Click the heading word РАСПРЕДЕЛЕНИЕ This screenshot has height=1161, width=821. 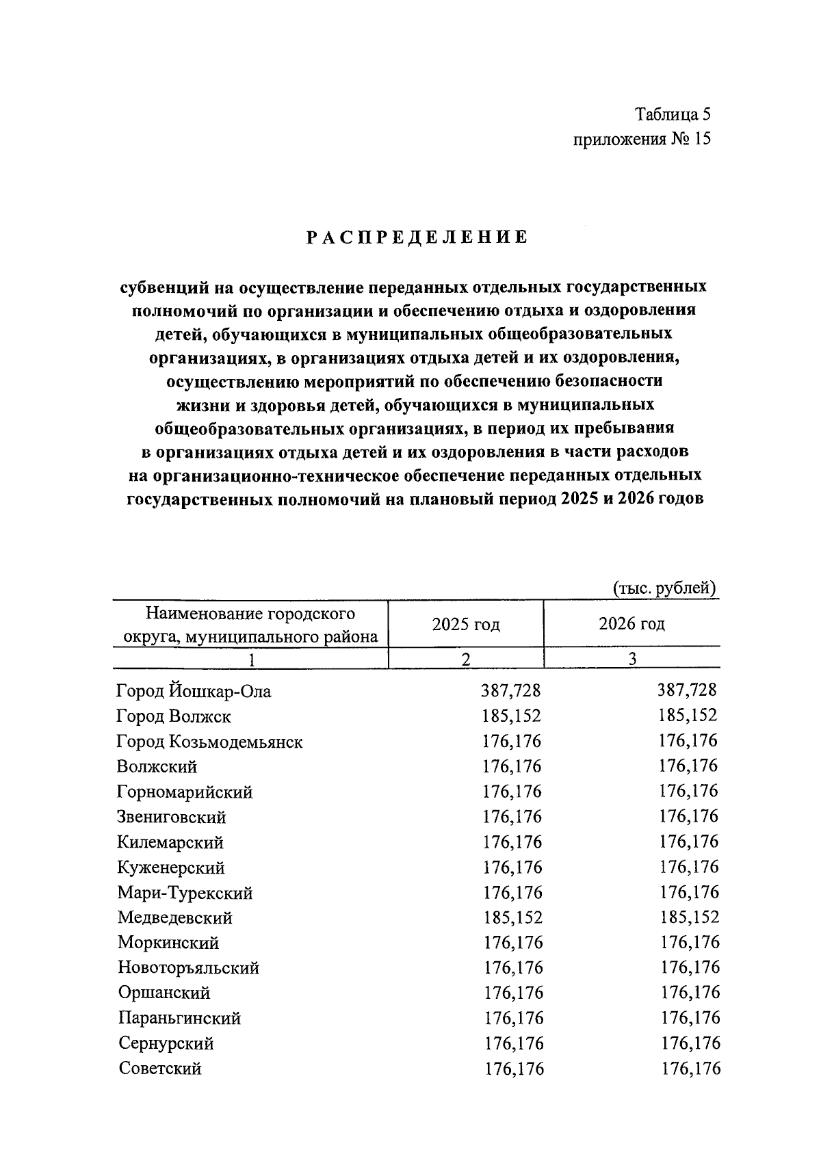417,237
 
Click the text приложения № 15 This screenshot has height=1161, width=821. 642,140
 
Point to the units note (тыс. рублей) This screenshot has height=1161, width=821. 664,588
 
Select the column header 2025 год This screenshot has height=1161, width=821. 465,624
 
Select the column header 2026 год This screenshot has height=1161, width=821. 631,624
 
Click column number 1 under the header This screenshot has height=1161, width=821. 250,660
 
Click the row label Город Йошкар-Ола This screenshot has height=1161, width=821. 194,692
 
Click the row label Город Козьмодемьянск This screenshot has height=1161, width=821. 209,742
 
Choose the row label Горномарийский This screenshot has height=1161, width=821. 185,792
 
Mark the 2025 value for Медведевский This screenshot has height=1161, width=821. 512,917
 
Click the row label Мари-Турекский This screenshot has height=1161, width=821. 185,893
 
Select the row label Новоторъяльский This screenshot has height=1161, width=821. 188,968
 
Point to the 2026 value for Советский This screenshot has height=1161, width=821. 690,1069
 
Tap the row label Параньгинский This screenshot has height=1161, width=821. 179,1018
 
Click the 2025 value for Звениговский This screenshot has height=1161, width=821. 512,817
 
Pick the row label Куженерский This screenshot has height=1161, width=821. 171,868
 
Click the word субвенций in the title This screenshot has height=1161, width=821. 161,287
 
